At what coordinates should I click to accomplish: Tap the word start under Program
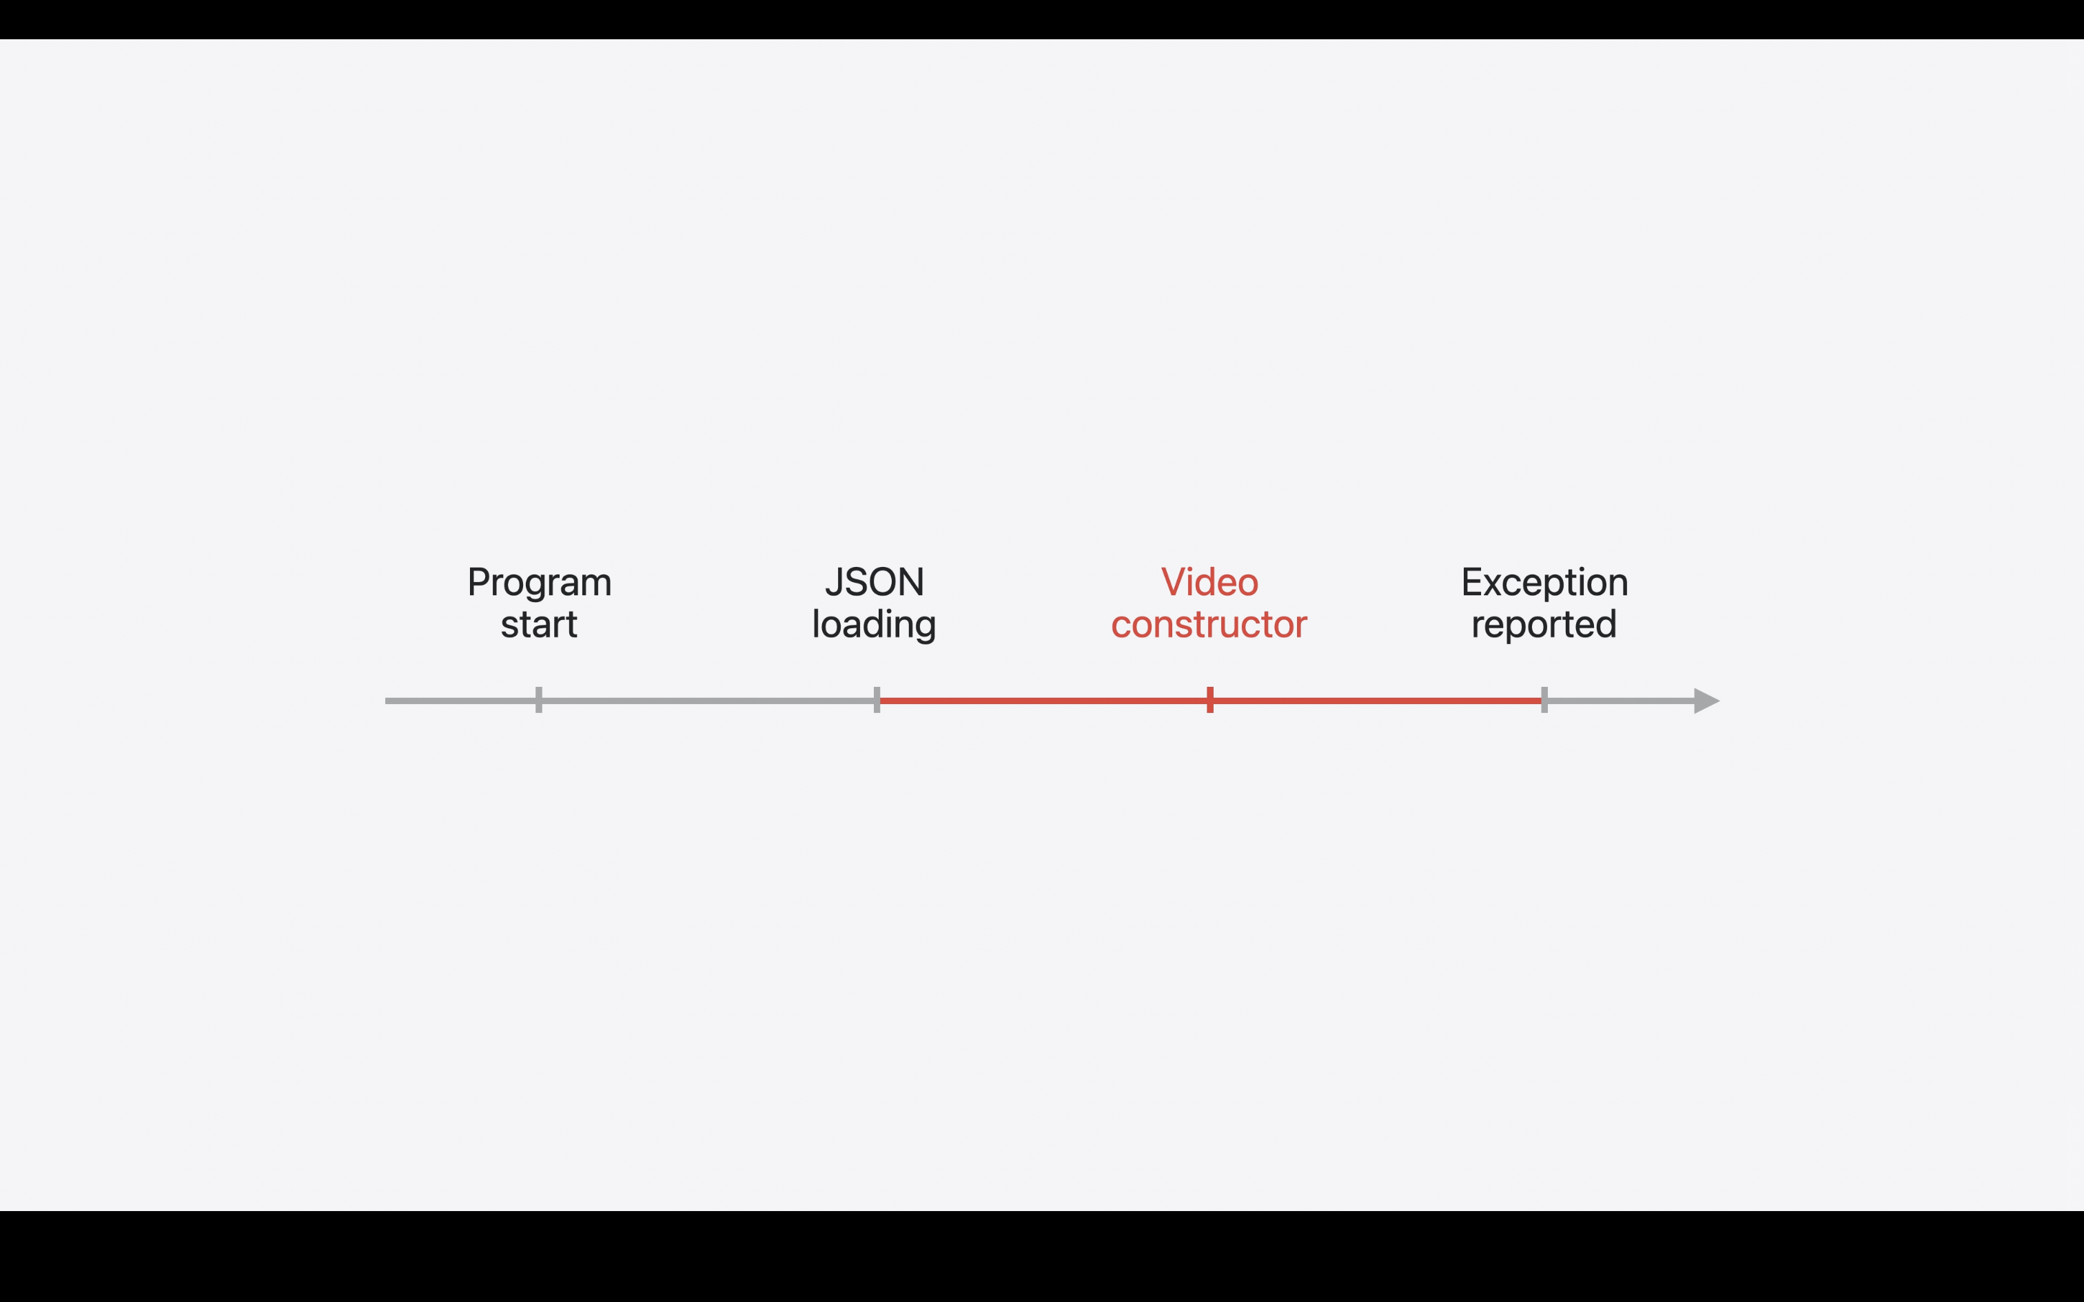click(x=539, y=624)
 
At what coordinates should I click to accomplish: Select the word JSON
click(x=874, y=582)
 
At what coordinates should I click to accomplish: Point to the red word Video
click(x=1209, y=582)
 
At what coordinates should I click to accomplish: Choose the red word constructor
click(x=1209, y=624)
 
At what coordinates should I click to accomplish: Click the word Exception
click(x=1544, y=583)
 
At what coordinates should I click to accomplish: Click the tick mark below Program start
click(x=539, y=700)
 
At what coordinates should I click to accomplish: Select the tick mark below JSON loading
click(x=877, y=700)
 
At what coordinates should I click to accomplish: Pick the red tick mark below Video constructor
click(x=1210, y=700)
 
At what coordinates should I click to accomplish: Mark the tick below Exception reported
click(x=1544, y=700)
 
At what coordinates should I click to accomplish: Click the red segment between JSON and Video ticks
click(x=1042, y=701)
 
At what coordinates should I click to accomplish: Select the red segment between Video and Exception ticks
click(x=1378, y=701)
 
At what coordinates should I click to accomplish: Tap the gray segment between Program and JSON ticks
click(x=706, y=701)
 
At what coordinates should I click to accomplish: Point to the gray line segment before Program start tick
click(x=461, y=701)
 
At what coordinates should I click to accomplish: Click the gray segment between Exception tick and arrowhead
click(x=1619, y=701)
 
